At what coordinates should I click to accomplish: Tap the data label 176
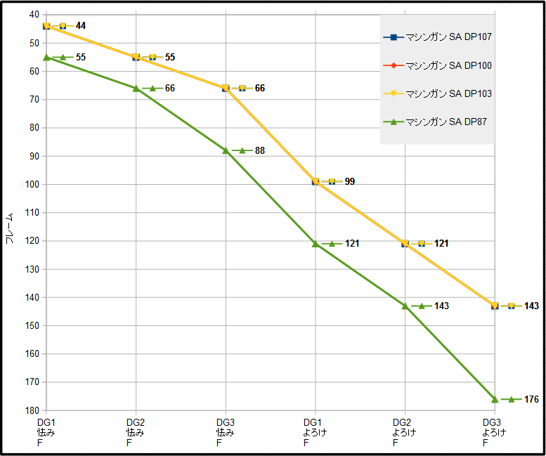pos(531,399)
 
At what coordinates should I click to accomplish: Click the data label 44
pos(81,26)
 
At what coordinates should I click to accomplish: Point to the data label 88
pos(260,150)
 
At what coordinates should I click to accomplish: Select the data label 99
pos(350,181)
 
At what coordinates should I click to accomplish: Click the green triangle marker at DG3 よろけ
pos(495,399)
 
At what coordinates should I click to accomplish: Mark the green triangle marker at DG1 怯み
pos(46,57)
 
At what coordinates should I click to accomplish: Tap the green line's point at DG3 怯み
pos(226,150)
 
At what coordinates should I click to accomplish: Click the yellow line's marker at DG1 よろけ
pos(316,181)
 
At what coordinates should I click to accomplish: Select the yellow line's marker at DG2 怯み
pos(136,57)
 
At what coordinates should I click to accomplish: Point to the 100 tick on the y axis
pos(32,184)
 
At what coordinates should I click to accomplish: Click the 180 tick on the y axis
pos(32,410)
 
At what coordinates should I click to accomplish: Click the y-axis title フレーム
pos(9,228)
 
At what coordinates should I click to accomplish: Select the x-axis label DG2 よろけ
pos(405,432)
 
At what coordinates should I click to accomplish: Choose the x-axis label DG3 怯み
pos(226,432)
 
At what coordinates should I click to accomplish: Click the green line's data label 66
pos(170,88)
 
